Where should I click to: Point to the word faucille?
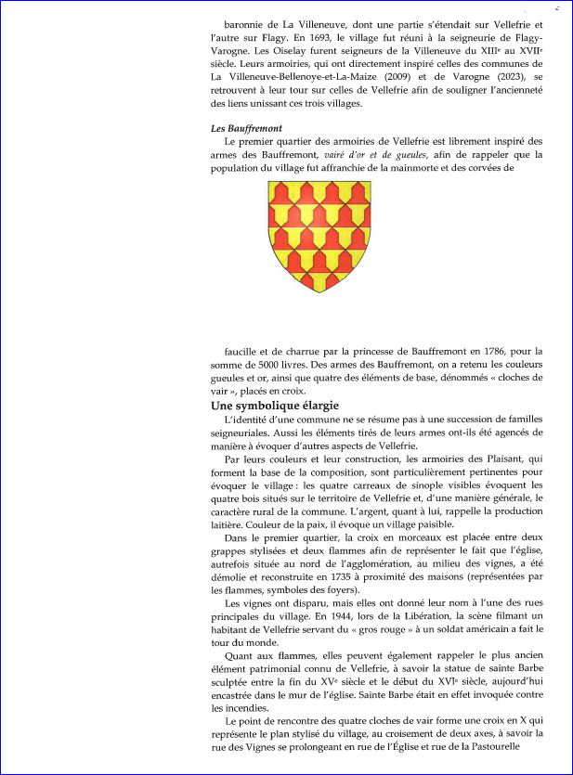tap(244, 351)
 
